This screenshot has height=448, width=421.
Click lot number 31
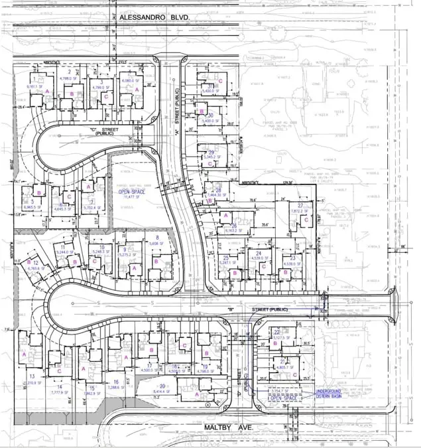[x=210, y=86]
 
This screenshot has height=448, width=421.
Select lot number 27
[x=300, y=206]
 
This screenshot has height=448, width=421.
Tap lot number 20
[x=162, y=386]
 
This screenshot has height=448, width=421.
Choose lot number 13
[x=32, y=376]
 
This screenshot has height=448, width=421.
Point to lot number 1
[x=31, y=80]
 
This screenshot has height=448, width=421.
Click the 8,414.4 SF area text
[x=162, y=392]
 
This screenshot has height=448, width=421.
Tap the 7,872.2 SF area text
[x=300, y=212]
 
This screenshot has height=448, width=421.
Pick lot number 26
[x=234, y=225]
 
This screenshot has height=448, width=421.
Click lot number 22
[x=276, y=331]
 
